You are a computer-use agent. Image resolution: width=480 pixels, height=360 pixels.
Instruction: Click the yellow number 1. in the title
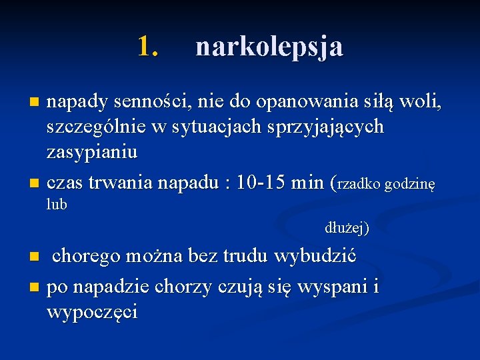pos(148,47)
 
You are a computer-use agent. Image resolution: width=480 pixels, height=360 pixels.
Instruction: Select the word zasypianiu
pos(92,152)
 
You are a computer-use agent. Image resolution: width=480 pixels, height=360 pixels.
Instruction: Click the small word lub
pos(57,205)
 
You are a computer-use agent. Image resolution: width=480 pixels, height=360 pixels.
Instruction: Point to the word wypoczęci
pos(93,312)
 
